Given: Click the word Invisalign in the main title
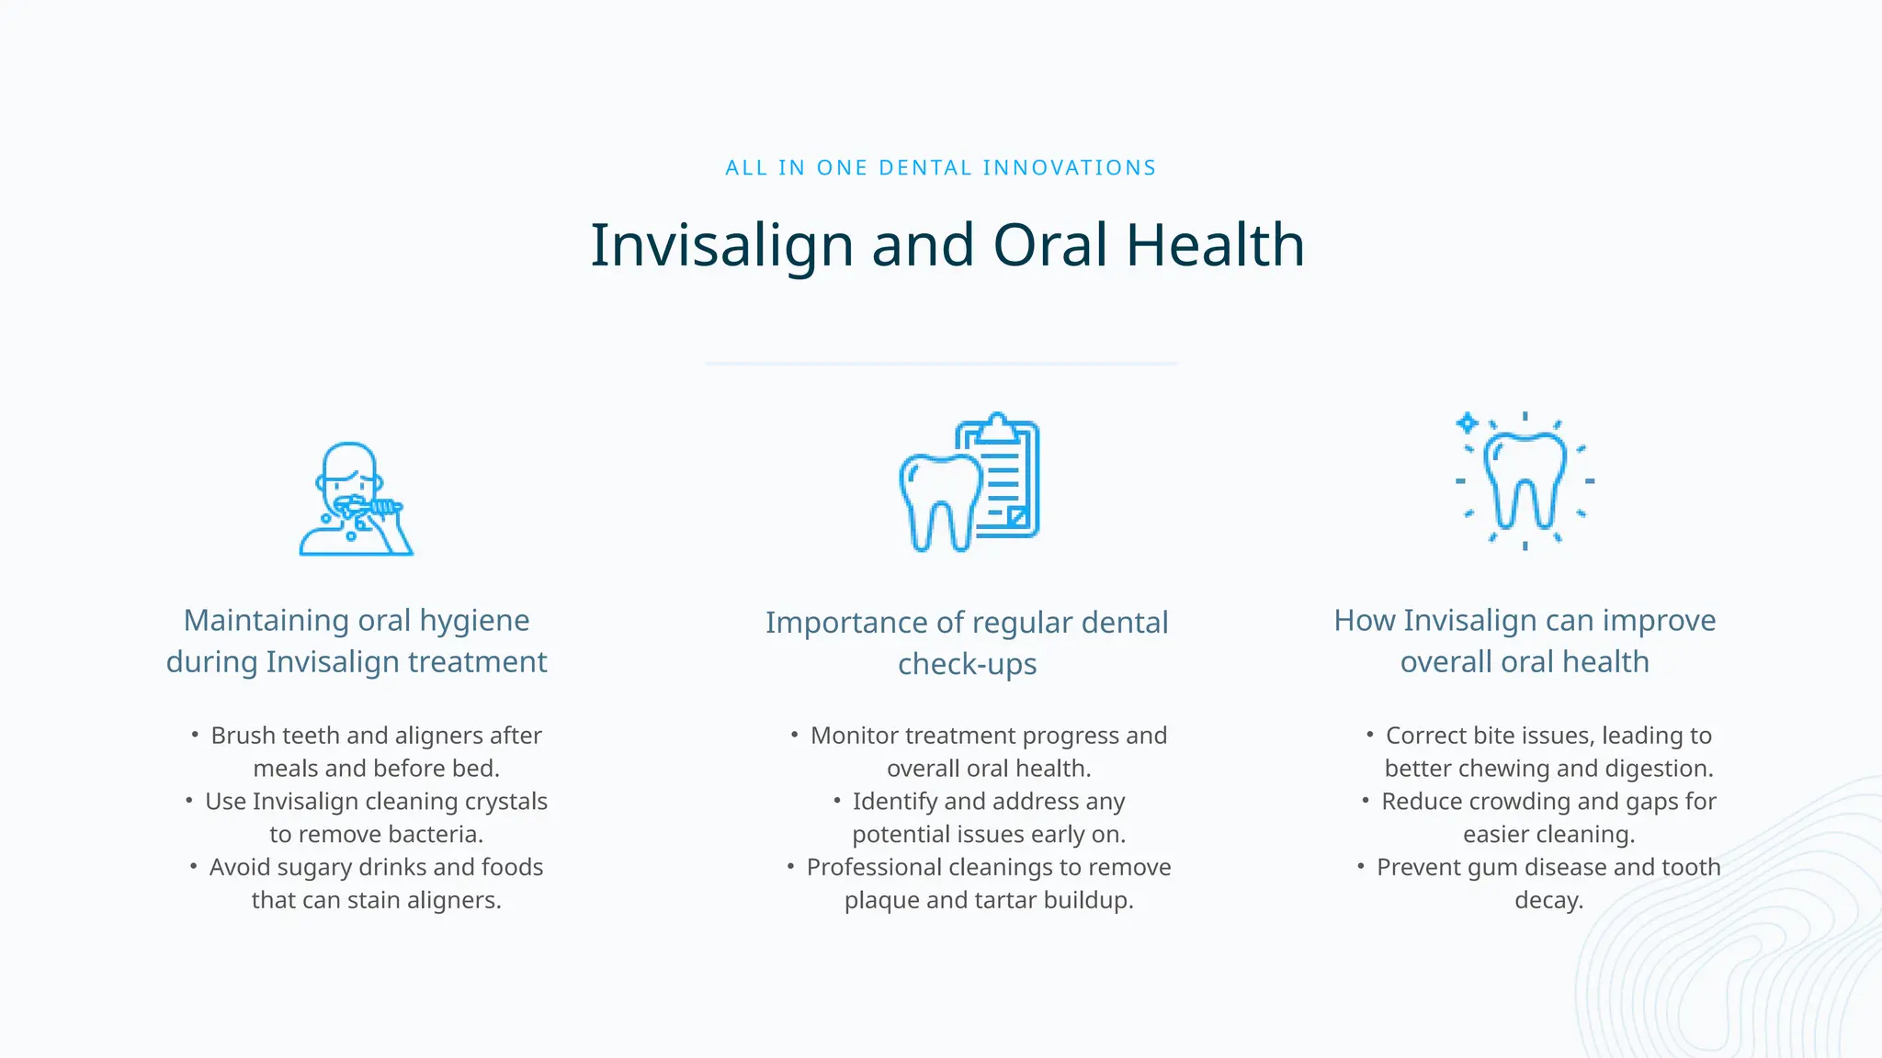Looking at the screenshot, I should [x=721, y=246].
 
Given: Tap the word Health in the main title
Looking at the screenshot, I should [x=1215, y=246].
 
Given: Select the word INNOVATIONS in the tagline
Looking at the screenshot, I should [x=1070, y=168].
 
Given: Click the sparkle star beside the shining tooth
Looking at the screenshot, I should [x=1468, y=423].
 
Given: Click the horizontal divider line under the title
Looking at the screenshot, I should [x=941, y=364].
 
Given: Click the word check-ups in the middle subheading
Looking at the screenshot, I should [x=967, y=664].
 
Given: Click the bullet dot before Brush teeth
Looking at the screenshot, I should [x=195, y=735].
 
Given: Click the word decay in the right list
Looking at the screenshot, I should [x=1548, y=901].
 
